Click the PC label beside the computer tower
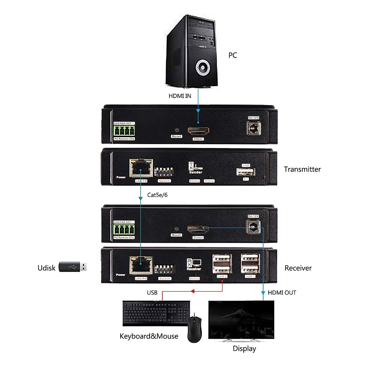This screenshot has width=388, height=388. point(232,55)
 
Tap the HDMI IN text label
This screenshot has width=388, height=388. point(180,96)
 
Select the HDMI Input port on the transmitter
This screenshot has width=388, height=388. point(198,131)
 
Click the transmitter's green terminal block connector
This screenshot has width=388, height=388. point(124,131)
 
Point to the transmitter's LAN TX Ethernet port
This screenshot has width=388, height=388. point(141,168)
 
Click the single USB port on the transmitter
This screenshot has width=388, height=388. point(246,172)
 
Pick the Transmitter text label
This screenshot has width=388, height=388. point(302,169)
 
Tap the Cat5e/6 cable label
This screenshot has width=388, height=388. point(157,195)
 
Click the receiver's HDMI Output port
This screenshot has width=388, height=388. point(198,230)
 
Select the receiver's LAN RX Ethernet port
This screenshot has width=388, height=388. point(141,266)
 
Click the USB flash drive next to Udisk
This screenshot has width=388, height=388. point(73,267)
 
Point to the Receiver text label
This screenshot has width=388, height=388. point(298,268)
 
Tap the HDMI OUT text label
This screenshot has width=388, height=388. point(282,293)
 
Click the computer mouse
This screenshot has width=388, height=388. point(194,330)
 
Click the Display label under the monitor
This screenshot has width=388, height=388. point(244,349)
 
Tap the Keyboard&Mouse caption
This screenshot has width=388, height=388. point(149,336)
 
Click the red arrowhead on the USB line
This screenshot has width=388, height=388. point(192,291)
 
